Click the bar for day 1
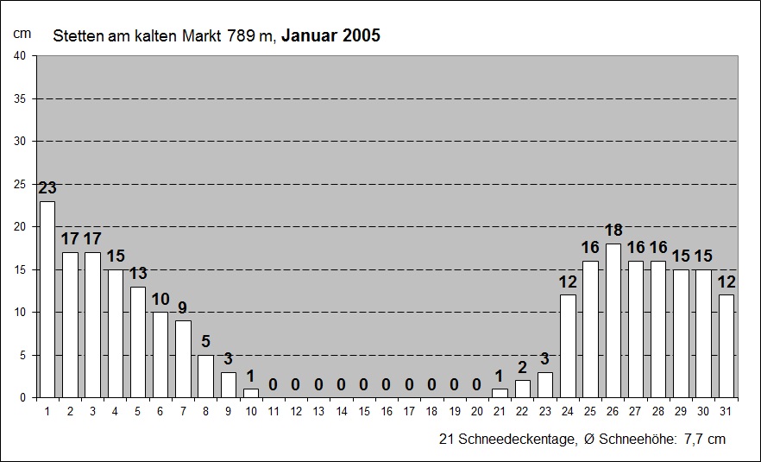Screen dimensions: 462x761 pos(47,299)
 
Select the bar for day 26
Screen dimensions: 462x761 pos(613,320)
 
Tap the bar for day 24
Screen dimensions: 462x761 pos(568,346)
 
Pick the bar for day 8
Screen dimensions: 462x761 pos(205,376)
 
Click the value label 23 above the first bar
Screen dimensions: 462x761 pos(47,187)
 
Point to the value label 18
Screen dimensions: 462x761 pos(613,231)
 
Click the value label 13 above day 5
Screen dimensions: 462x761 pos(137,274)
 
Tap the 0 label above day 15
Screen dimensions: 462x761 pos(363,384)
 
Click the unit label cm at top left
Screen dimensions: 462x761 pos(22,33)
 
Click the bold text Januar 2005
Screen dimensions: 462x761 pos(330,36)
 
